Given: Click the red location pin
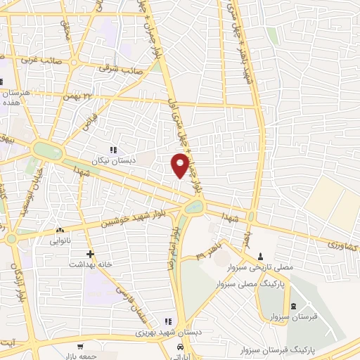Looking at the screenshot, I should [x=181, y=165].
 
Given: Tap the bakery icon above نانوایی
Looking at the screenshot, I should [x=59, y=229].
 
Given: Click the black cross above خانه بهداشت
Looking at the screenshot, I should [x=89, y=254].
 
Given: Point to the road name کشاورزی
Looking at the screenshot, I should [x=342, y=244].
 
